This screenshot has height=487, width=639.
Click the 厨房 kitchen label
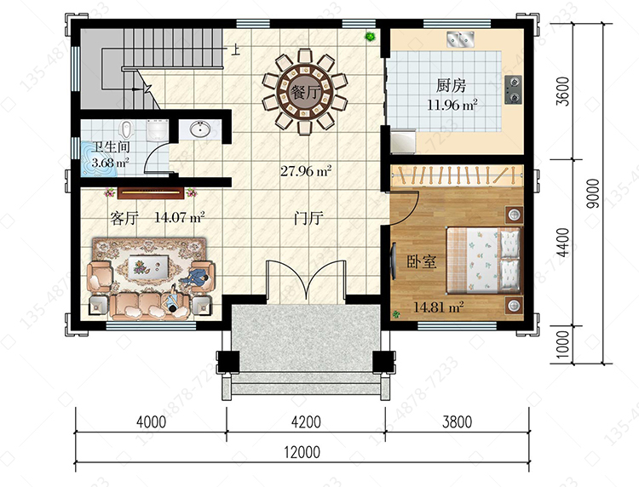[x=451, y=85]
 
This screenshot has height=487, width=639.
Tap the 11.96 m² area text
[x=452, y=105]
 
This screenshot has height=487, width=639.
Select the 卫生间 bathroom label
[x=111, y=147]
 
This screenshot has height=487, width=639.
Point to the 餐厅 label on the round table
[x=304, y=93]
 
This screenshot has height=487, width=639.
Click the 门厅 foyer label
[x=308, y=218]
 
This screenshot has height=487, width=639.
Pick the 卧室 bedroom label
[x=422, y=261]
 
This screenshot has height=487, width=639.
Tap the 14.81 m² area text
[x=439, y=307]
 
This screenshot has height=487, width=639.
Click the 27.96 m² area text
[x=306, y=170]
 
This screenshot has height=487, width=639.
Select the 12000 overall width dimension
[x=302, y=452]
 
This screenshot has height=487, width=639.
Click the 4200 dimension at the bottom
[x=306, y=421]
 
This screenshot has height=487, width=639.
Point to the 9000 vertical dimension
[x=593, y=193]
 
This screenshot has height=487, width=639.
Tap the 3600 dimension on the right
[x=563, y=91]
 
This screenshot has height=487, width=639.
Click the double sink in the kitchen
[x=461, y=39]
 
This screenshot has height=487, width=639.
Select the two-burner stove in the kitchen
[x=514, y=89]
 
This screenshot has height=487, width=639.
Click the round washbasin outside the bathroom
[x=199, y=129]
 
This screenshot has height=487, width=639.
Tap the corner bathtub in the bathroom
[x=98, y=159]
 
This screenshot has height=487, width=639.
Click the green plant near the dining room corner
[x=371, y=37]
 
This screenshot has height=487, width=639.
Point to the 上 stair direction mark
[x=235, y=49]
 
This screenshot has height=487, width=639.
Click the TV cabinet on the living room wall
[x=151, y=193]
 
